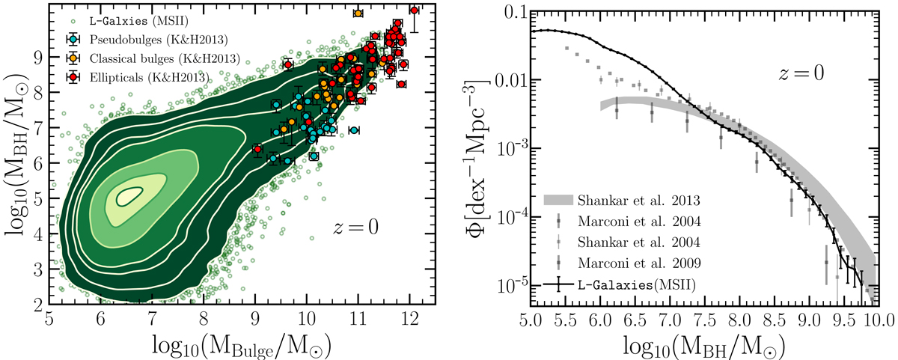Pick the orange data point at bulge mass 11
358,13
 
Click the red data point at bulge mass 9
257,149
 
